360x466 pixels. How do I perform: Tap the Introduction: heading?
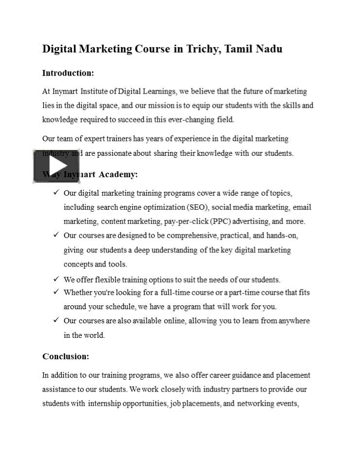point(68,73)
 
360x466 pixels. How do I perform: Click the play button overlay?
point(50,166)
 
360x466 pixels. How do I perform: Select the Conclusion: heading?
point(66,356)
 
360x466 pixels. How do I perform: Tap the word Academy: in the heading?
point(119,174)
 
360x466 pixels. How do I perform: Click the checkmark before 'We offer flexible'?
point(56,279)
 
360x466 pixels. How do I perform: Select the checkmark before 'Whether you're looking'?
point(56,292)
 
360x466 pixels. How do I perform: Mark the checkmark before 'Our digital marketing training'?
point(56,193)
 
